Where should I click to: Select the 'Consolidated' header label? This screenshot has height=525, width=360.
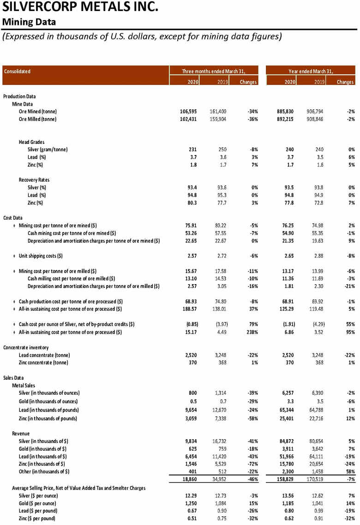pos(17,71)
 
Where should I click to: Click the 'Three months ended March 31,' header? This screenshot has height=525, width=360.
pos(213,71)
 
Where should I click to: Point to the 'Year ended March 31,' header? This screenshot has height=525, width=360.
pos(310,71)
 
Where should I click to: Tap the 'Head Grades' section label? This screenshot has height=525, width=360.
pos(31,142)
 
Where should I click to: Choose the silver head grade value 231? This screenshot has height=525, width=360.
pos(193,149)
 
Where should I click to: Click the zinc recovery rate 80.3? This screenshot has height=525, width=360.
pos(192,203)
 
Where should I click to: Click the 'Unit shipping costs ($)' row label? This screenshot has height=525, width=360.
pos(41,256)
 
